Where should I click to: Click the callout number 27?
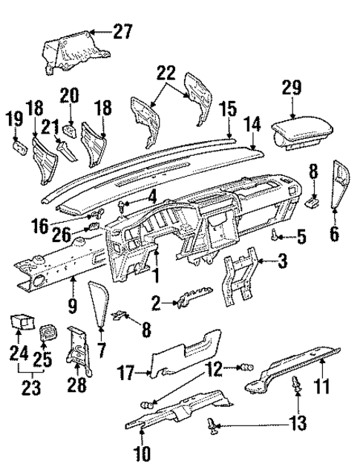pyautogui.click(x=122, y=30)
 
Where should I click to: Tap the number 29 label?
pyautogui.click(x=292, y=87)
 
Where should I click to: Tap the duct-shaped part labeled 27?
pyautogui.click(x=71, y=53)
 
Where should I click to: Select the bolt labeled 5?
pyautogui.click(x=276, y=237)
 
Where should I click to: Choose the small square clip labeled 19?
pyautogui.click(x=17, y=144)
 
